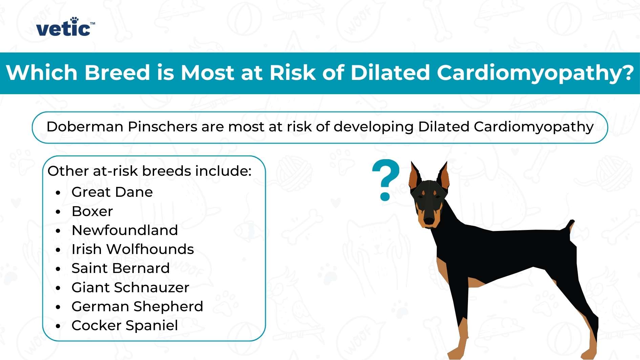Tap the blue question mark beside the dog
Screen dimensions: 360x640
[x=385, y=179]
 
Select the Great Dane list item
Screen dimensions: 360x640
[x=112, y=192]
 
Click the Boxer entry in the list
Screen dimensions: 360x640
[x=92, y=212]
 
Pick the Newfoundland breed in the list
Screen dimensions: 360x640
[x=125, y=231]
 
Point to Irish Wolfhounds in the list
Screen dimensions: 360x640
[x=132, y=250]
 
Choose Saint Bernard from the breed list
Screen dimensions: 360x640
[x=120, y=269]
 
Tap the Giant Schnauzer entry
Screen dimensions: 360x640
[x=130, y=288]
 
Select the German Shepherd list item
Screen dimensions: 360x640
[x=137, y=307]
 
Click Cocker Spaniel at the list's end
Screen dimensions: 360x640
[x=125, y=326]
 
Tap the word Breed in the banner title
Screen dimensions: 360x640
[x=117, y=73]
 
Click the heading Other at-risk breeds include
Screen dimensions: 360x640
[x=149, y=171]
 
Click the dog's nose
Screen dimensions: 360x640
[x=429, y=221]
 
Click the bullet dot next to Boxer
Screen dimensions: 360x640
[x=58, y=212]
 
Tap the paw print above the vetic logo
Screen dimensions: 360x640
[x=74, y=20]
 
